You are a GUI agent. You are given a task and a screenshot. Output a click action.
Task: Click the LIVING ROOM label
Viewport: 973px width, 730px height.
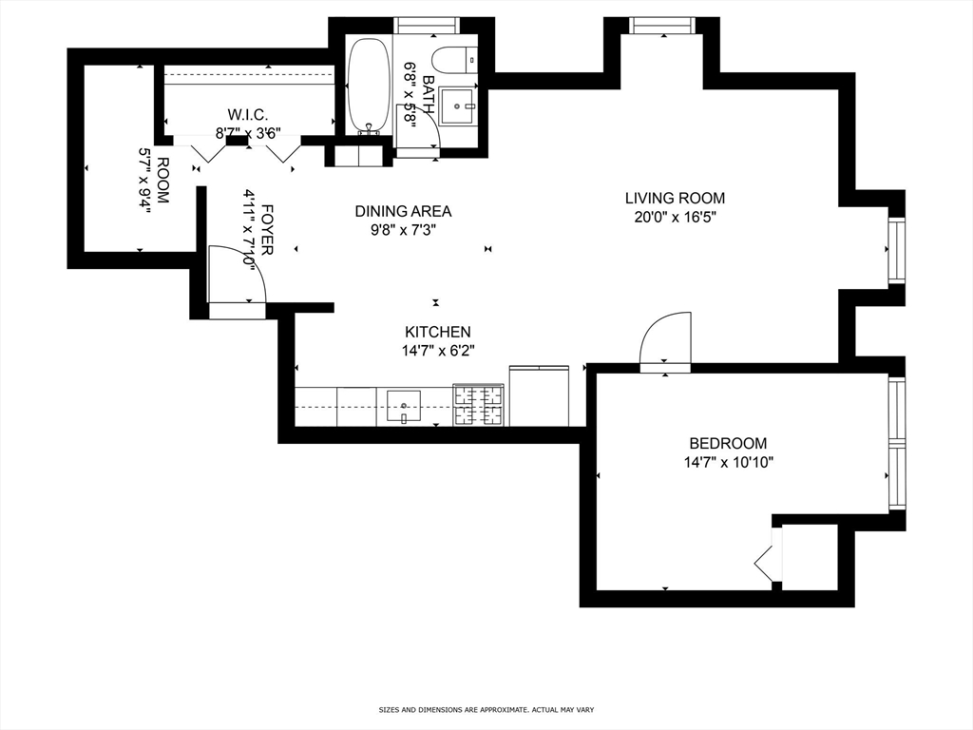(675, 199)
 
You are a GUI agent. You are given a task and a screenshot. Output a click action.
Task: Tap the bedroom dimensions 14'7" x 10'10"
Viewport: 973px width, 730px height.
(728, 463)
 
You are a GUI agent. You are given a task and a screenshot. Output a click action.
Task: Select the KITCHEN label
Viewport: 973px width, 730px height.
(437, 332)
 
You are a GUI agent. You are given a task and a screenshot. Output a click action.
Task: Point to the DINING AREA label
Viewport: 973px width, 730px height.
(403, 211)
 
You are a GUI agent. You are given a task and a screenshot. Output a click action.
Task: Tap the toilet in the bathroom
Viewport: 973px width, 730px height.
(453, 58)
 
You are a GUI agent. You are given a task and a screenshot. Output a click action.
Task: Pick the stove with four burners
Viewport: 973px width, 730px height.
(478, 405)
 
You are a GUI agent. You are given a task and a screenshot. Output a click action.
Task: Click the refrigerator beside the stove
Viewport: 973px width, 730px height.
(539, 395)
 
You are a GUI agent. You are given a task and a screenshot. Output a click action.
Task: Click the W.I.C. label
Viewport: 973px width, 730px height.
(247, 114)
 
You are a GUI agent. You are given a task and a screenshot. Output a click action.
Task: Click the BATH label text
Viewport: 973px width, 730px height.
(428, 92)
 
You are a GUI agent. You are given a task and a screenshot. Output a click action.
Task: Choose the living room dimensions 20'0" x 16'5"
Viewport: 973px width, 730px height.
(675, 217)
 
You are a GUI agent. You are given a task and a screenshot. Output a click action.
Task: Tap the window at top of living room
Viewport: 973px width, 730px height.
(661, 26)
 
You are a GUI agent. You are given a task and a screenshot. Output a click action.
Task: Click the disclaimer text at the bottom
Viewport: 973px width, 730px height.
(486, 709)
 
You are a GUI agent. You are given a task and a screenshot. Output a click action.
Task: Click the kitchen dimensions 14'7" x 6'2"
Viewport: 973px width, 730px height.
(437, 350)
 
